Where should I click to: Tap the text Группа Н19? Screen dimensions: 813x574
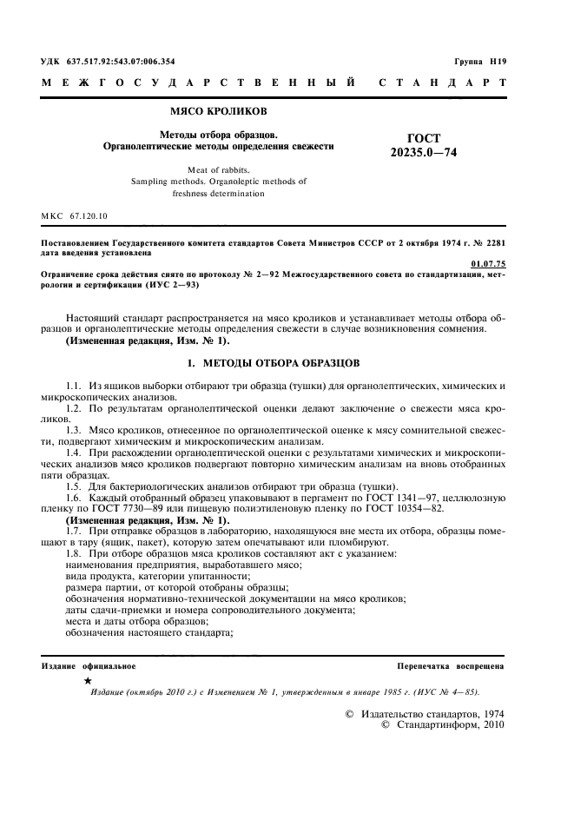tap(480, 62)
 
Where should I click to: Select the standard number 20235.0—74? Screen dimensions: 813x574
tap(424, 152)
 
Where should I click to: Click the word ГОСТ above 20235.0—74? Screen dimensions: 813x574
tap(424, 137)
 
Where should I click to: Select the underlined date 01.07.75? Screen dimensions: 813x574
tap(486, 261)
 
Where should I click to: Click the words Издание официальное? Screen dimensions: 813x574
tap(89, 665)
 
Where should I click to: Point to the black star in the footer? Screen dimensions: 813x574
tap(89, 681)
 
